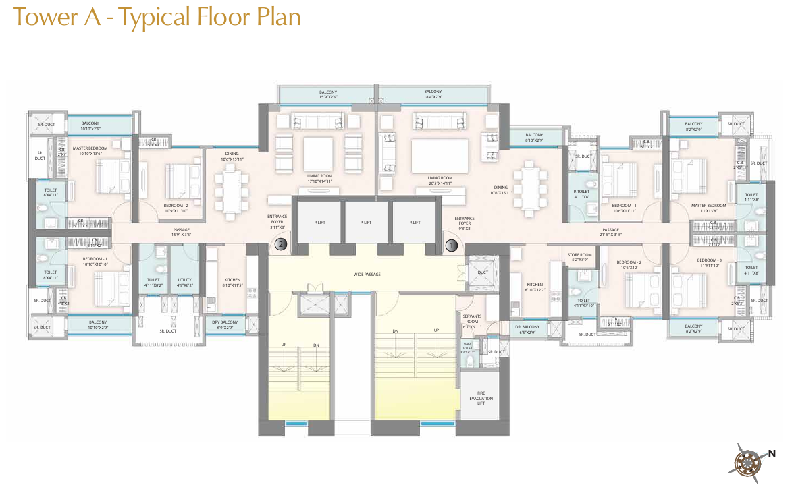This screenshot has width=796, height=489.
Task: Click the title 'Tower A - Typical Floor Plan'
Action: pyautogui.click(x=157, y=17)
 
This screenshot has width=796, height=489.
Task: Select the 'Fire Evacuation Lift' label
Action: pyautogui.click(x=481, y=399)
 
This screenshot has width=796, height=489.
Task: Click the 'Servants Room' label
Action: pyautogui.click(x=472, y=318)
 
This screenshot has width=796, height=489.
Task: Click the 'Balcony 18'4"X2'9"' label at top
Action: pyautogui.click(x=433, y=94)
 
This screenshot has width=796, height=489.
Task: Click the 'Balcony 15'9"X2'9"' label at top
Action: pyautogui.click(x=328, y=94)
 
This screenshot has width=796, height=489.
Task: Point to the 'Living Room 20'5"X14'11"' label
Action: pyautogui.click(x=440, y=181)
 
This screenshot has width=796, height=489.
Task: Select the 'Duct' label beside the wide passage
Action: pyautogui.click(x=482, y=273)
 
